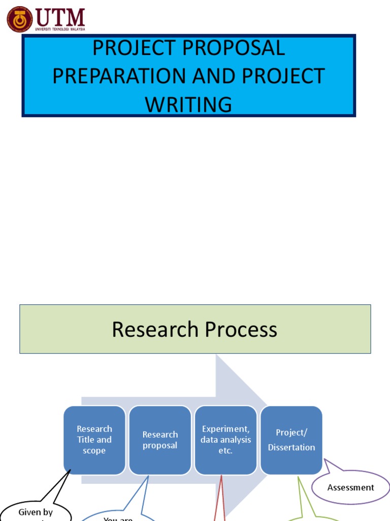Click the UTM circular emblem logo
point(20,19)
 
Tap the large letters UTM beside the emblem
point(60,17)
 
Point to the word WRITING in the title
point(188,104)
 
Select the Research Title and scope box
point(94,440)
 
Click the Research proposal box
point(160,440)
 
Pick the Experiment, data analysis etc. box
point(225,440)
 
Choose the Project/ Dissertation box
point(291,440)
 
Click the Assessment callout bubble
point(350,487)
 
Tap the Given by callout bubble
point(36,512)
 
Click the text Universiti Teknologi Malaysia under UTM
point(60,30)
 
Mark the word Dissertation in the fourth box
point(291,447)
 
